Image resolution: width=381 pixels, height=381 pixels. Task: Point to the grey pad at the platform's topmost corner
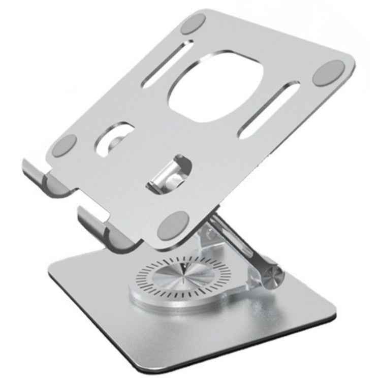pyautogui.click(x=193, y=23)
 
